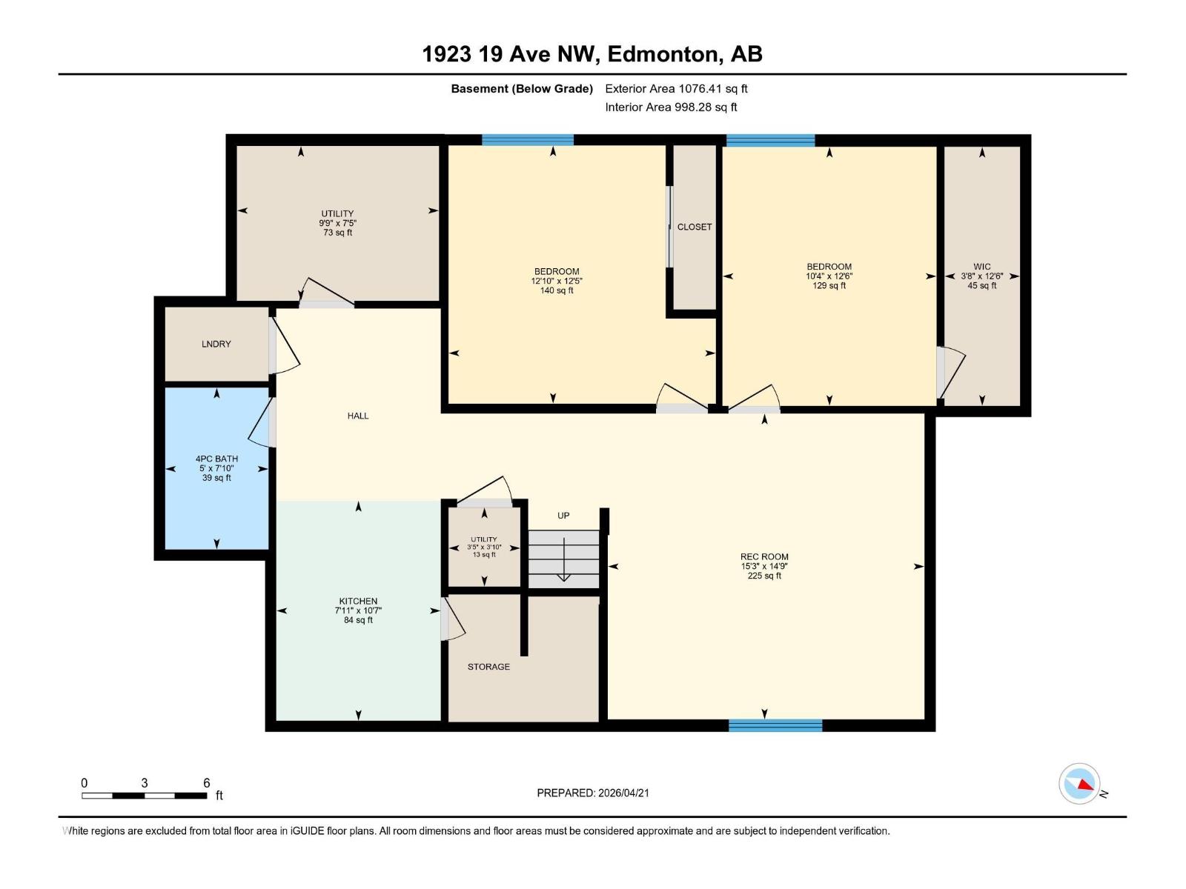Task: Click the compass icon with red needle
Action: coord(1079,784)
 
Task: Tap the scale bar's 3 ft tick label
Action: coord(145,783)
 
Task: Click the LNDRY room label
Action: coord(216,344)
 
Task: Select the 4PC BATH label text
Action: coord(216,459)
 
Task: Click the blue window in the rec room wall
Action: coord(775,725)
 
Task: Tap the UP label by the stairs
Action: coord(563,516)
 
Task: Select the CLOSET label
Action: coord(695,227)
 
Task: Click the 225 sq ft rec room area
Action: coord(764,576)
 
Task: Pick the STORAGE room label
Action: coord(488,667)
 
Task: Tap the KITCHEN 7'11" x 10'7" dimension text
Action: coord(358,610)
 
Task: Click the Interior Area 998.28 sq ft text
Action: coord(671,107)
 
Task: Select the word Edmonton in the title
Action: coord(665,54)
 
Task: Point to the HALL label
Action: coord(358,416)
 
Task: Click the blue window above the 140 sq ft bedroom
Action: coord(528,140)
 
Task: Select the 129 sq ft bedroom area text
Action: coord(829,286)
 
